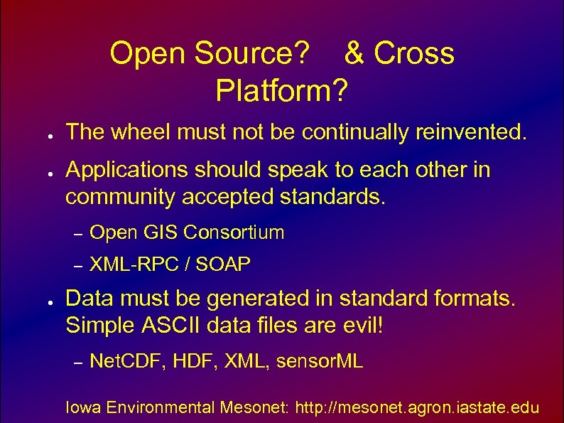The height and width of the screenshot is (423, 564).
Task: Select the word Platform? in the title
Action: [x=283, y=90]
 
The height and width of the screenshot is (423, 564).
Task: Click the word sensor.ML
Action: [x=320, y=362]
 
